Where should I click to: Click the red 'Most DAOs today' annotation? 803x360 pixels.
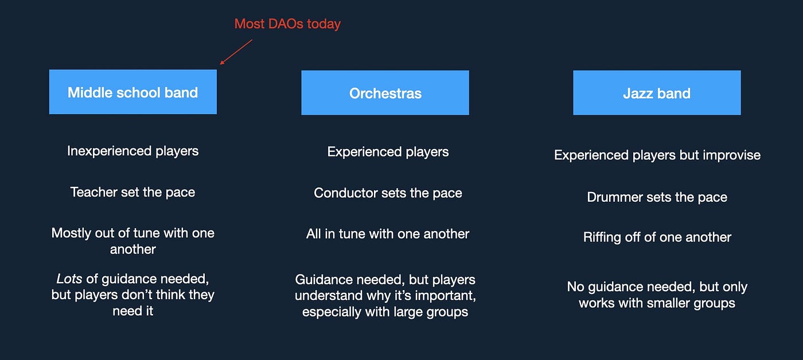[287, 24]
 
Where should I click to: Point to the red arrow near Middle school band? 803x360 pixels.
[236, 52]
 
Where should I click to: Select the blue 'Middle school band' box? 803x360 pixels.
[133, 92]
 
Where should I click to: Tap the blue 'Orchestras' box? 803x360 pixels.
[385, 93]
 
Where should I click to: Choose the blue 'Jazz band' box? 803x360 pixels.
[657, 93]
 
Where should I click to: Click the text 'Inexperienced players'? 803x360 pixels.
[132, 151]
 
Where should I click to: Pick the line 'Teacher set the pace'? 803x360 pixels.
[132, 193]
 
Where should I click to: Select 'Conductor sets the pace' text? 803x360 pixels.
[388, 193]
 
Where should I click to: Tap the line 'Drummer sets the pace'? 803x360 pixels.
[657, 197]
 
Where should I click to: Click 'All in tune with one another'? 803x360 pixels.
[388, 234]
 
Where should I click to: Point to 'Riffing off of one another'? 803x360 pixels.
[657, 237]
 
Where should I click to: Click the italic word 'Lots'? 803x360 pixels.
[69, 279]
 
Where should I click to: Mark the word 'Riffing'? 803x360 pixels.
[602, 237]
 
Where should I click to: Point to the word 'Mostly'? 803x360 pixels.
[71, 233]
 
